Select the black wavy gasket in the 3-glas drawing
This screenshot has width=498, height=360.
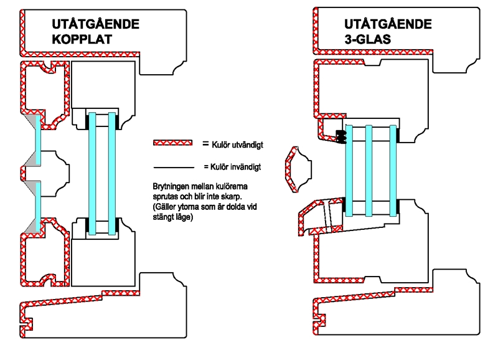pyautogui.click(x=341, y=135)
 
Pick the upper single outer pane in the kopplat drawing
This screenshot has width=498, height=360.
pyautogui.click(x=38, y=138)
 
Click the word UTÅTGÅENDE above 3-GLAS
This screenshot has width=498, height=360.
pyautogui.click(x=388, y=25)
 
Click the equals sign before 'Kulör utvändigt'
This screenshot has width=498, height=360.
pyautogui.click(x=205, y=144)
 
